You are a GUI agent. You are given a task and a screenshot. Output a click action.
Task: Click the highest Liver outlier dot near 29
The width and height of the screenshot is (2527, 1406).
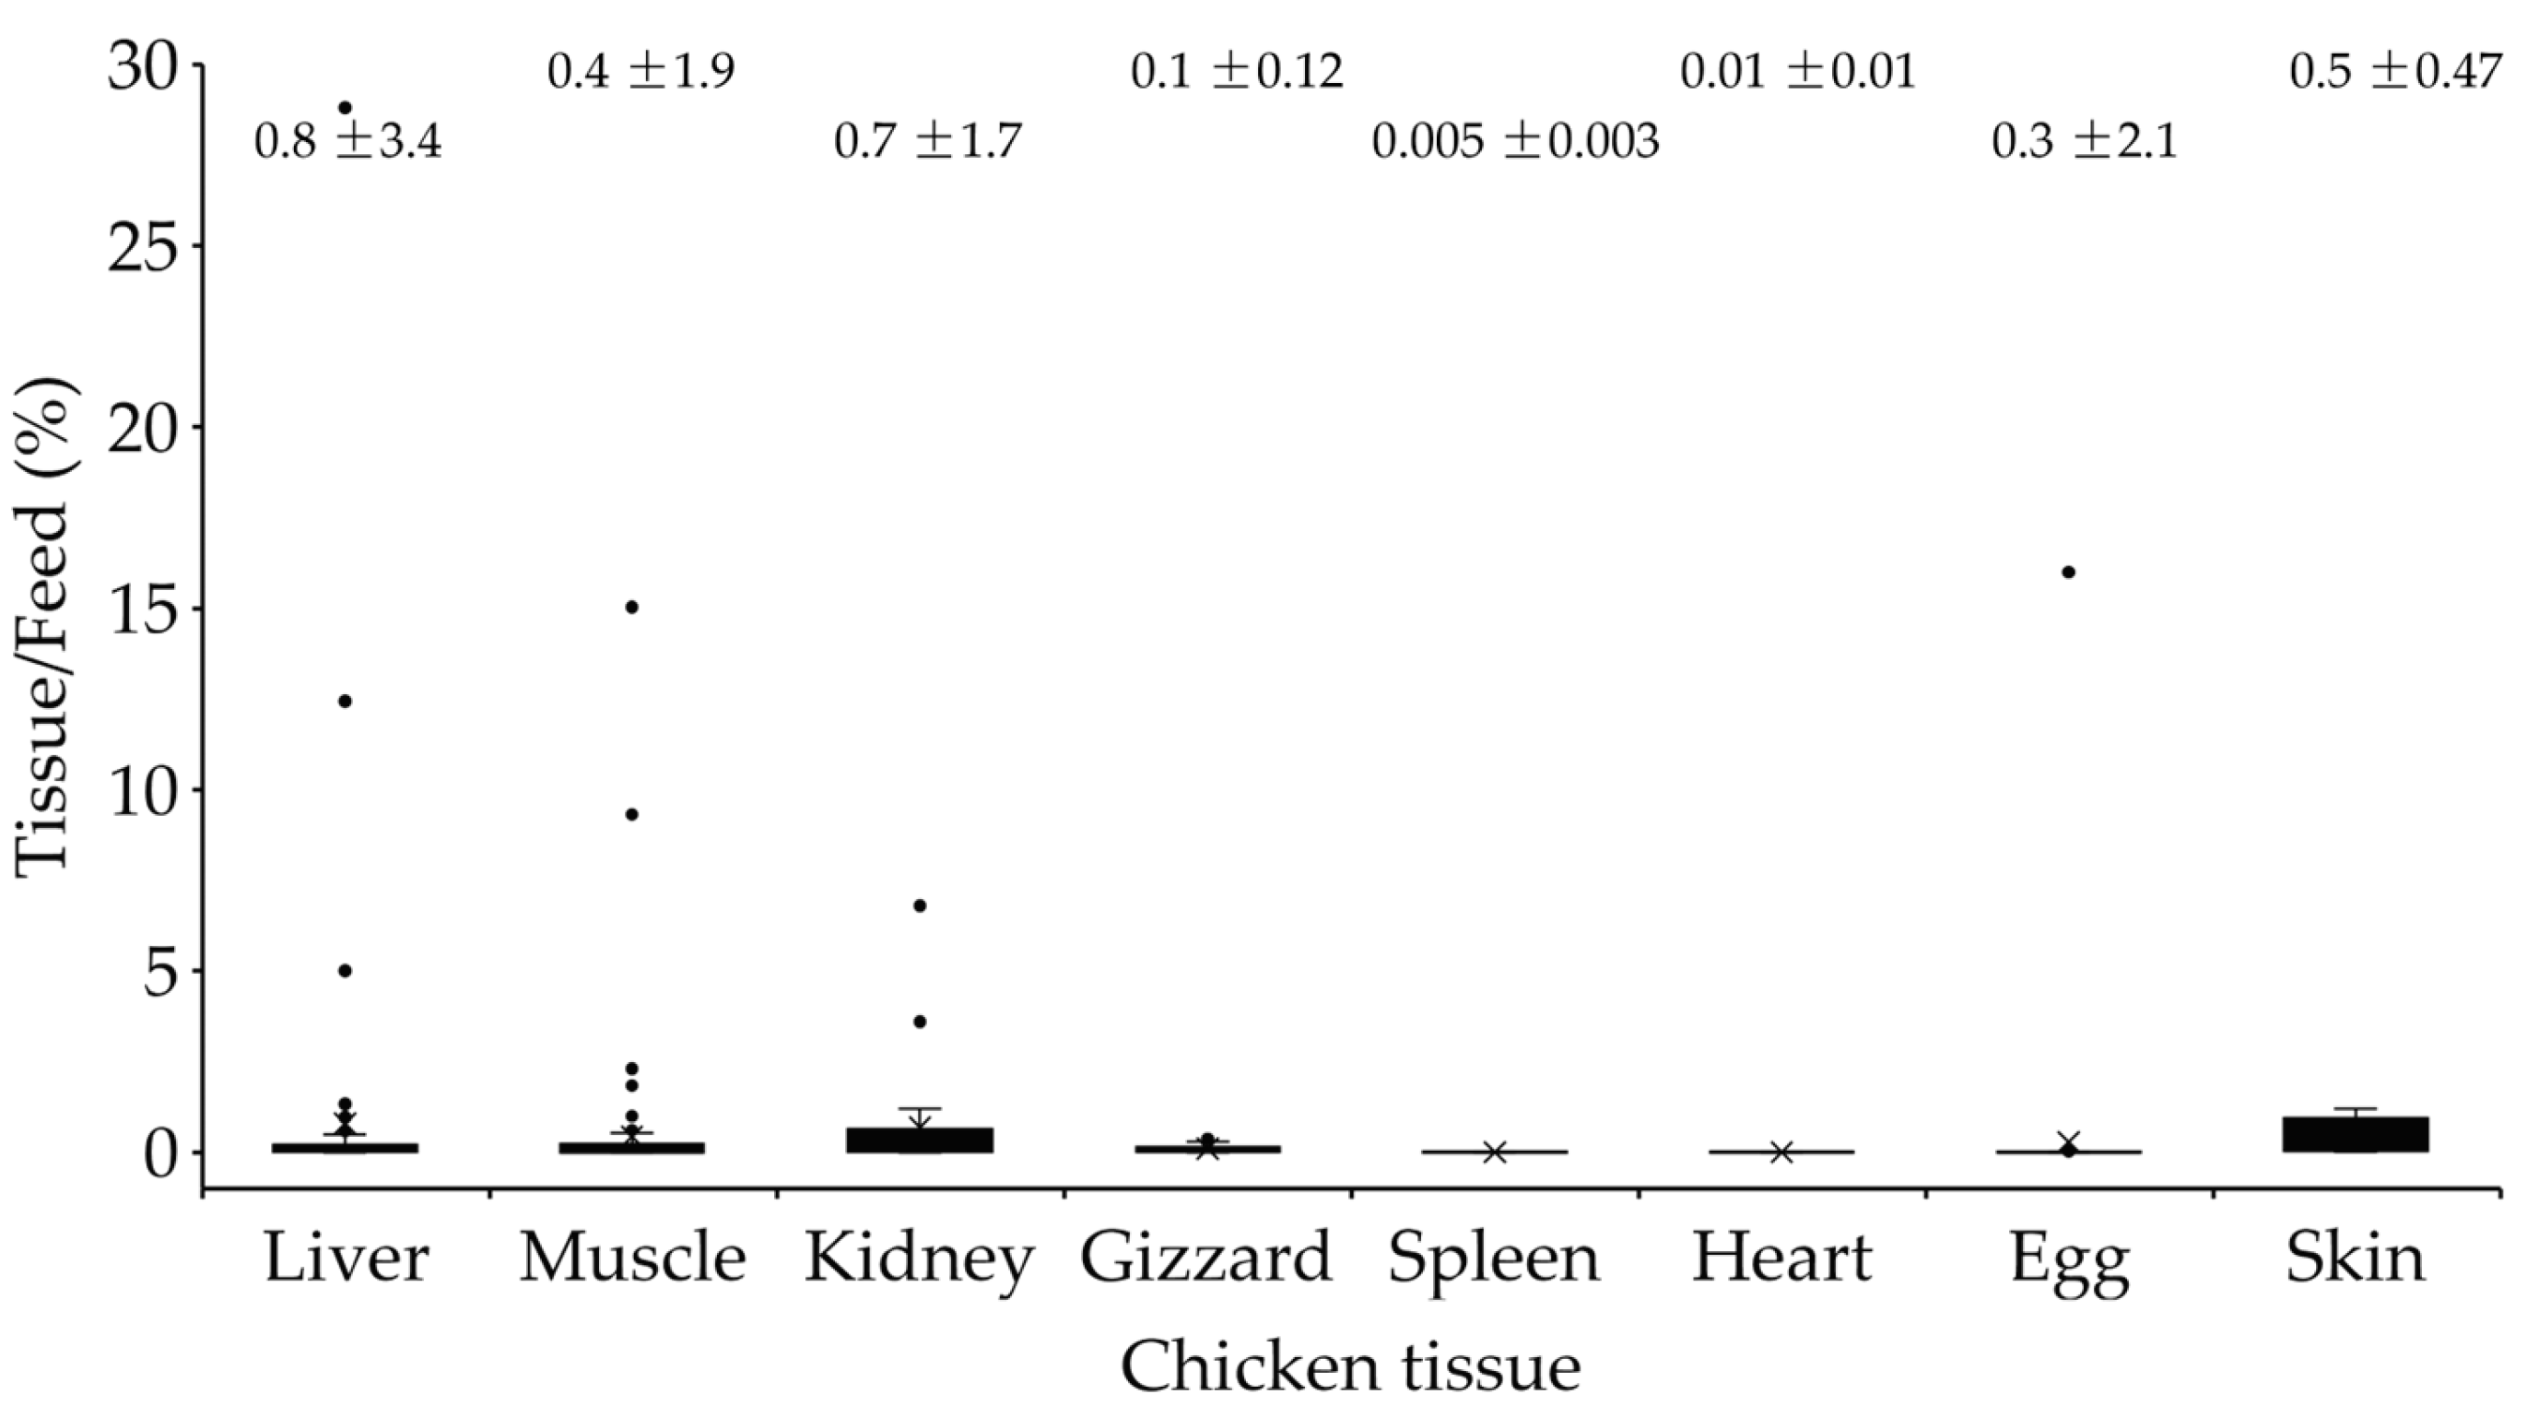pyautogui.click(x=345, y=108)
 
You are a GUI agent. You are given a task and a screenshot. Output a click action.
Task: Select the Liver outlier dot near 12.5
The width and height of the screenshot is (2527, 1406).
pyautogui.click(x=345, y=701)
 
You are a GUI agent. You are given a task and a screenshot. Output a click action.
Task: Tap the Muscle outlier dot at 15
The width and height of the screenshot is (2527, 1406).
pyautogui.click(x=632, y=608)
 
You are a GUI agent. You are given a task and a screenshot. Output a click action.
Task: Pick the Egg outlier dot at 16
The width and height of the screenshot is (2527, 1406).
pyautogui.click(x=2068, y=572)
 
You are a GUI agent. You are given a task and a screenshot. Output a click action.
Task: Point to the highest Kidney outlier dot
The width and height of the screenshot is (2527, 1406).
pyautogui.click(x=919, y=905)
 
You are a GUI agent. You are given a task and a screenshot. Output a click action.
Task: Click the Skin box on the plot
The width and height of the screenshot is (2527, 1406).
pyautogui.click(x=2356, y=1133)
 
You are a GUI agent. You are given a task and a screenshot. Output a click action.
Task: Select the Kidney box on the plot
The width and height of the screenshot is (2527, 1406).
pyautogui.click(x=919, y=1140)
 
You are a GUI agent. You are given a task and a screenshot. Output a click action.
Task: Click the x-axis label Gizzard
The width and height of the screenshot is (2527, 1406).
pyautogui.click(x=1205, y=1258)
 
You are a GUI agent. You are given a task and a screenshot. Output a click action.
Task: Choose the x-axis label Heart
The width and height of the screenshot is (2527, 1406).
pyautogui.click(x=1781, y=1258)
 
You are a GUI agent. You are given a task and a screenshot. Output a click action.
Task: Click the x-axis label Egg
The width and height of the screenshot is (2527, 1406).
pyautogui.click(x=2069, y=1263)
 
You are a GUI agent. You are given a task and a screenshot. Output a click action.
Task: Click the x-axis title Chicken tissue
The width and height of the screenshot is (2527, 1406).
pyautogui.click(x=1350, y=1366)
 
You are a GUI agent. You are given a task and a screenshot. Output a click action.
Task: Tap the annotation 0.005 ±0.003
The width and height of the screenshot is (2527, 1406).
pyautogui.click(x=1514, y=141)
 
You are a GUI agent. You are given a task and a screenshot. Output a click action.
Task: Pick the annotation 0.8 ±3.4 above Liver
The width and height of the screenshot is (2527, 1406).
pyautogui.click(x=348, y=141)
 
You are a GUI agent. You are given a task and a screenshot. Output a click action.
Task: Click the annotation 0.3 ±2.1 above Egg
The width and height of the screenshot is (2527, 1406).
pyautogui.click(x=2084, y=141)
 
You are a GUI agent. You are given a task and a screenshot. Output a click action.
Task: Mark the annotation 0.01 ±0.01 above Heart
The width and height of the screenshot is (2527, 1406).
pyautogui.click(x=1797, y=72)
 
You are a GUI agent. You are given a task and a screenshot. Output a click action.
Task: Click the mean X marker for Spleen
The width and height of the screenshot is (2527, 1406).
pyautogui.click(x=1494, y=1152)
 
